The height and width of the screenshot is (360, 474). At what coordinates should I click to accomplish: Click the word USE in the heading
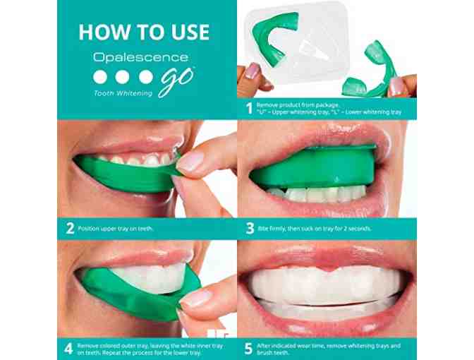point(190,32)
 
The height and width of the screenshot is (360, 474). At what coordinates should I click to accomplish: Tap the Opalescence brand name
point(141,57)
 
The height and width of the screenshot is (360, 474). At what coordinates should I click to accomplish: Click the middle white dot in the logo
point(122,77)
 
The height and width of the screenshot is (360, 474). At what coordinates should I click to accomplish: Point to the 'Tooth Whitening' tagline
point(123,93)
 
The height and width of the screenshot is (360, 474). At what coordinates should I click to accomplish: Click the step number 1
point(249,109)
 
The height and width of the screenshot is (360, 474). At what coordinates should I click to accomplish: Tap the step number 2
point(70,229)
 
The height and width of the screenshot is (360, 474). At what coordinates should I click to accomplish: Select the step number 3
point(250,229)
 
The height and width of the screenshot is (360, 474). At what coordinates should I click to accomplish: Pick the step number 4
point(68,349)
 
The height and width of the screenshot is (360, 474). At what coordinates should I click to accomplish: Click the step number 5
point(248,349)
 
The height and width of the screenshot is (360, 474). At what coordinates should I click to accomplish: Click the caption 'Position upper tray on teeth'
point(116,229)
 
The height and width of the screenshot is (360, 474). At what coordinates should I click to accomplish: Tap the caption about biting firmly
point(315,229)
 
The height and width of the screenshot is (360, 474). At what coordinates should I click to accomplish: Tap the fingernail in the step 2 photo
point(190,160)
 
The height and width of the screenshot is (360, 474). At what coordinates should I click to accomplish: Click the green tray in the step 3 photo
point(315,169)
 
